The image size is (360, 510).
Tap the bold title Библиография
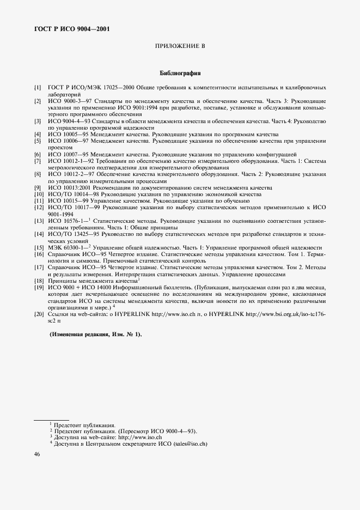[180, 72]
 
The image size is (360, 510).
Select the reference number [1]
[37, 87]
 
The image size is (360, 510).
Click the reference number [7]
[37, 161]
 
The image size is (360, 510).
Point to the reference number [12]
[38, 208]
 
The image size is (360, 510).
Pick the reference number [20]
[38, 314]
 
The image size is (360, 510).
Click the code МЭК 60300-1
[66, 248]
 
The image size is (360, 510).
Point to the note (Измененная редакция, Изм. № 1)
[95, 335]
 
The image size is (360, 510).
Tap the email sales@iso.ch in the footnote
[191, 444]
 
